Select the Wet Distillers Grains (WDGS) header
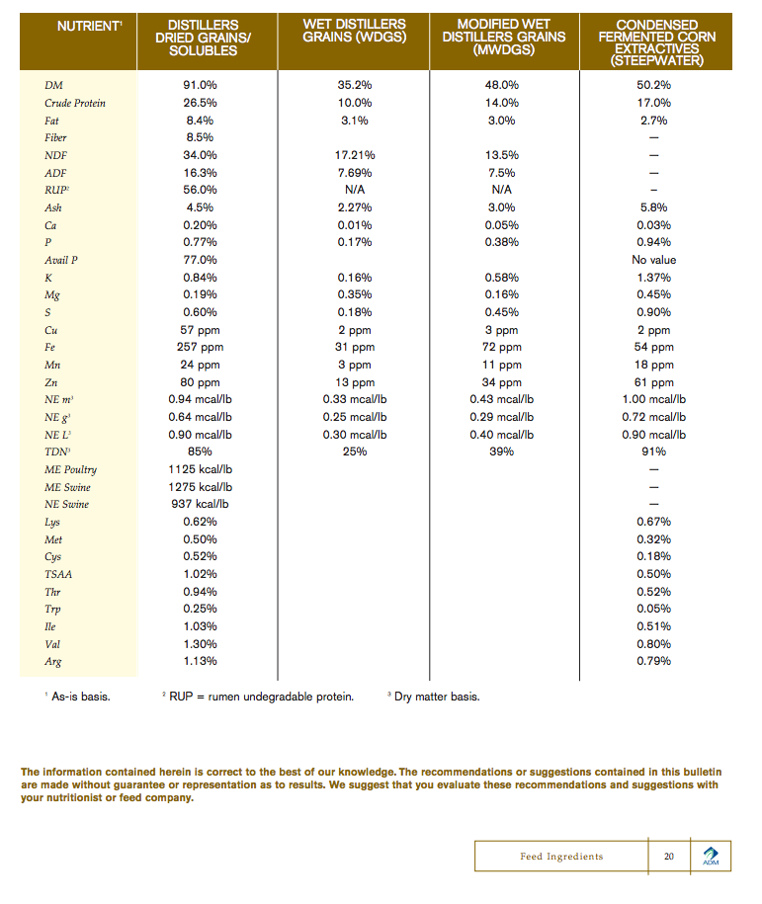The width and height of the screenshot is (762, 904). pyautogui.click(x=354, y=31)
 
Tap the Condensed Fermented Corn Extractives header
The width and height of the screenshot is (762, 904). pyautogui.click(x=656, y=42)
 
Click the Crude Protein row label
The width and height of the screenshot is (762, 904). pyautogui.click(x=75, y=103)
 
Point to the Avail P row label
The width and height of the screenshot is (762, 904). pyautogui.click(x=61, y=260)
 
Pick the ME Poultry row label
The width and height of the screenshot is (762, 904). pyautogui.click(x=71, y=469)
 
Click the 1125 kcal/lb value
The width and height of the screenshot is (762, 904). pyautogui.click(x=201, y=469)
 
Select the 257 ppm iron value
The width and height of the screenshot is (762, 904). pyautogui.click(x=201, y=347)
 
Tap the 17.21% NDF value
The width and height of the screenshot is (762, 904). pyautogui.click(x=354, y=155)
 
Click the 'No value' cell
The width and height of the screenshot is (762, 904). pyautogui.click(x=654, y=260)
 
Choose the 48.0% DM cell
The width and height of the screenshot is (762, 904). pyautogui.click(x=502, y=85)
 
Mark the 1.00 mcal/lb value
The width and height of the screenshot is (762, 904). pyautogui.click(x=654, y=399)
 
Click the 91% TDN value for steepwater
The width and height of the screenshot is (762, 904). pyautogui.click(x=654, y=452)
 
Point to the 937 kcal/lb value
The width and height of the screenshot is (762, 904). pyautogui.click(x=201, y=504)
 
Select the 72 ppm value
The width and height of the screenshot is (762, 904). pyautogui.click(x=502, y=347)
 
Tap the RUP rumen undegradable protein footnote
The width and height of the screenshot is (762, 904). pyautogui.click(x=259, y=697)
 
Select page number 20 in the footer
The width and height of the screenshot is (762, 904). pyautogui.click(x=669, y=856)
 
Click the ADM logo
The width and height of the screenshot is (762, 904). pyautogui.click(x=711, y=856)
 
